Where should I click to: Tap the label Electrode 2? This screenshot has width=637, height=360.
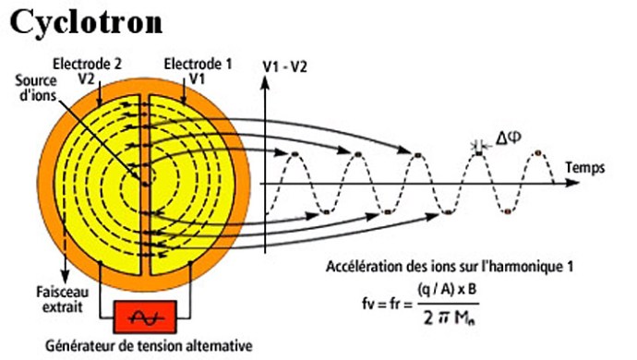(x=88, y=64)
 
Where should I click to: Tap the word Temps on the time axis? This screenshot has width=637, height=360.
(x=586, y=169)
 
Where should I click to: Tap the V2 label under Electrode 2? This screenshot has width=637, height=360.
(x=88, y=78)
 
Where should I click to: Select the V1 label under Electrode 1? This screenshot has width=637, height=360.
(x=196, y=78)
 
